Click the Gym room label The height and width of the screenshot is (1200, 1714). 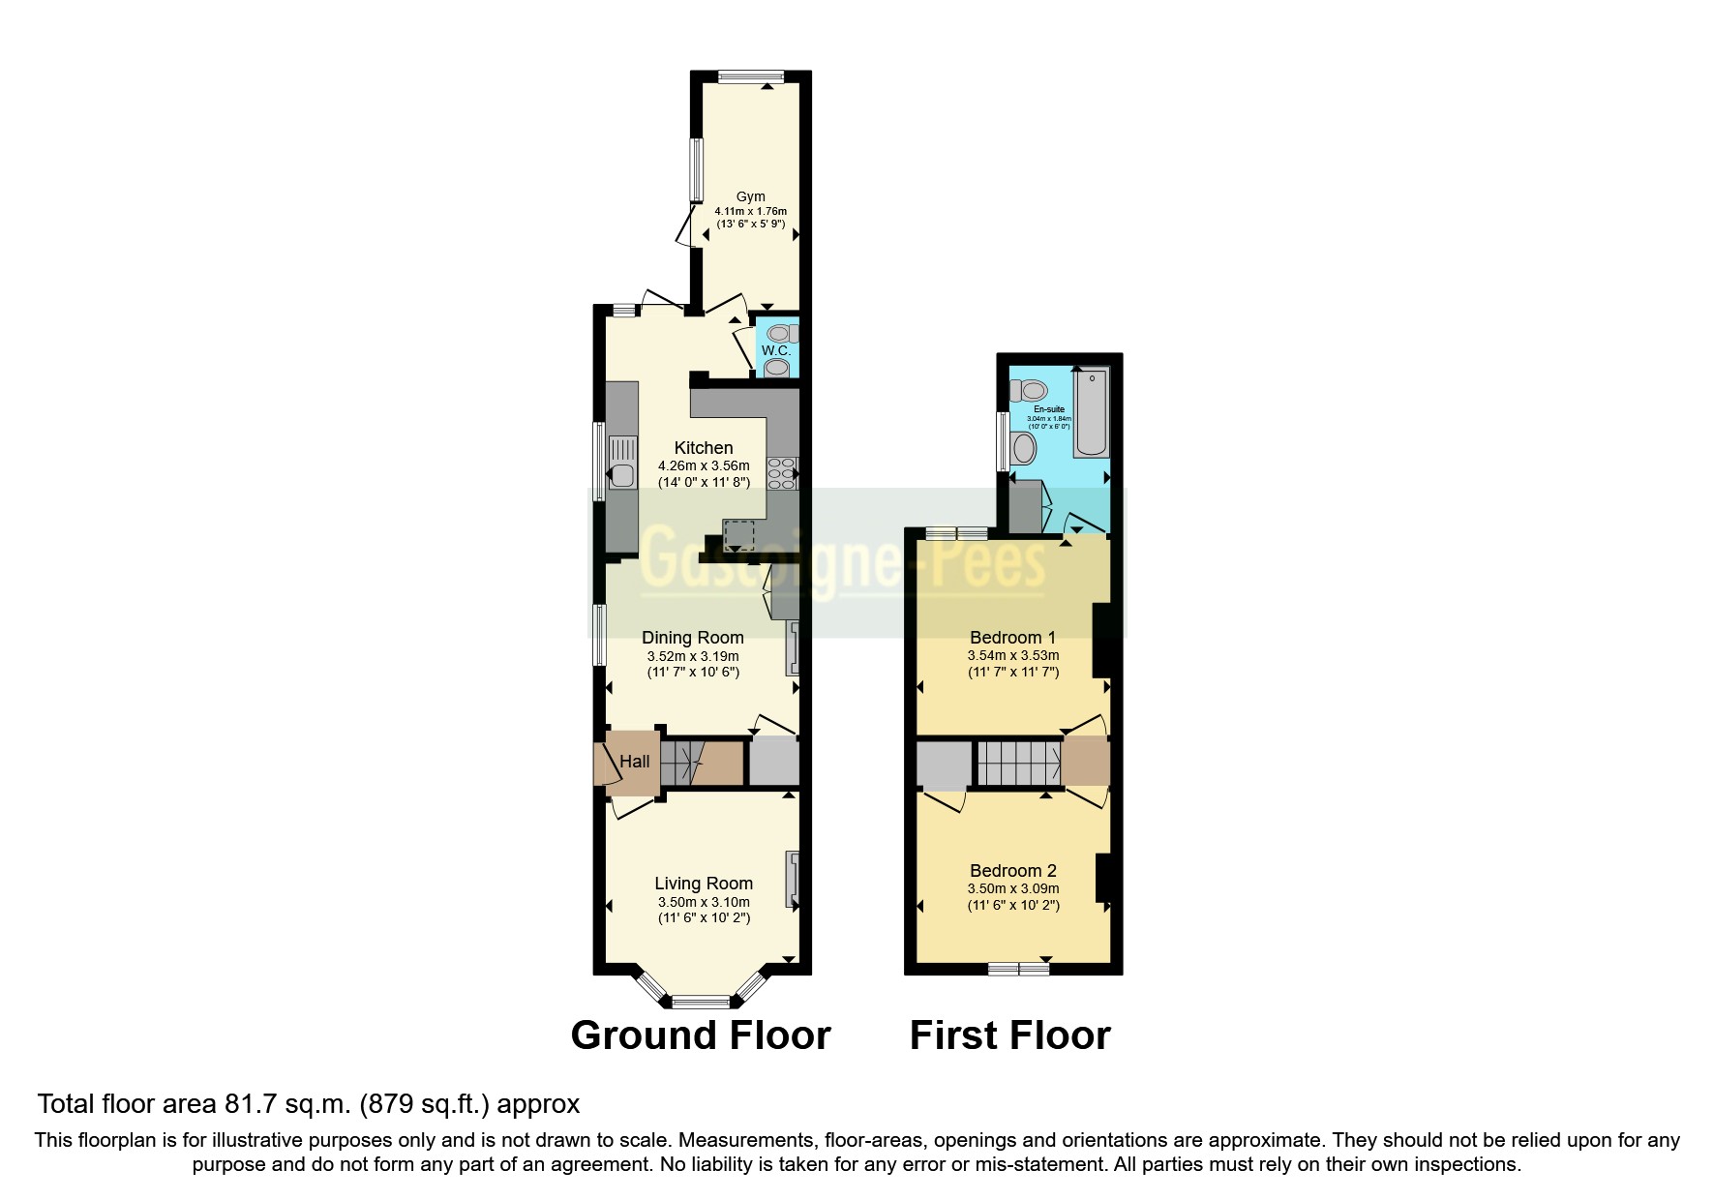point(750,196)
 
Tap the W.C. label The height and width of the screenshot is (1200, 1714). point(775,350)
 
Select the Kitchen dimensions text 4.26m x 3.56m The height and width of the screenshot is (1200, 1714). point(704,466)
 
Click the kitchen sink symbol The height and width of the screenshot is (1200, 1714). point(622,474)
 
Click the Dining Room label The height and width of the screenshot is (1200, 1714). point(693,638)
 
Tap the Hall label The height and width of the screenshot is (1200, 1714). point(635,762)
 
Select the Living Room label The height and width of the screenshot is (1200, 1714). point(704,884)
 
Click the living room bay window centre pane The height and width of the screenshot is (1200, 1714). point(701,1002)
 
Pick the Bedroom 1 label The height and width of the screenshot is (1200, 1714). point(1013,638)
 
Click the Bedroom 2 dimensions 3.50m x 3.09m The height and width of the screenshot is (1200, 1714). point(1013,888)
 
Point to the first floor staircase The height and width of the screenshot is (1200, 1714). point(1018,763)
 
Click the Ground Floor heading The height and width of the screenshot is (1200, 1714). point(701,1035)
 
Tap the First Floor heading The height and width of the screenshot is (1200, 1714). point(1009,1035)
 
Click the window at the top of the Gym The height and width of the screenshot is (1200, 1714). point(751,75)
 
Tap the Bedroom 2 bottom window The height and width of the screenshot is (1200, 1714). point(1019,969)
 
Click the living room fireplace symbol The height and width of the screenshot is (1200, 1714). point(793,880)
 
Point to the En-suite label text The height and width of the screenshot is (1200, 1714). point(1049,409)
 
